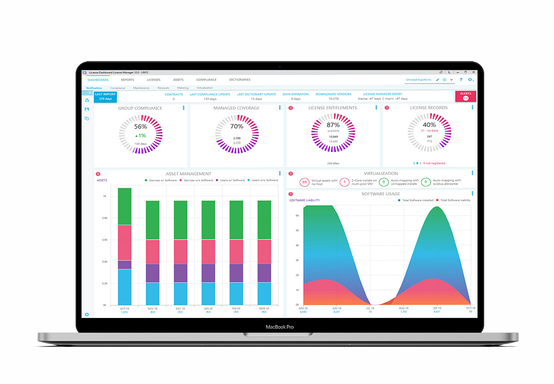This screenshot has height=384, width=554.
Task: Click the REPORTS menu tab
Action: (127, 80)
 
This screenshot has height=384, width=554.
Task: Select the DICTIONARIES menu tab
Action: (240, 80)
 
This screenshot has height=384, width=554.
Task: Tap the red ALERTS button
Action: (465, 96)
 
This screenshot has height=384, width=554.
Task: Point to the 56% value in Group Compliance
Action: (140, 126)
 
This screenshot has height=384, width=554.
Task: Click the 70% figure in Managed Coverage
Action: (237, 126)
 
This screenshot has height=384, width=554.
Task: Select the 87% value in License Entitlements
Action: (333, 125)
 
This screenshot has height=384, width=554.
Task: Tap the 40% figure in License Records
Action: (429, 125)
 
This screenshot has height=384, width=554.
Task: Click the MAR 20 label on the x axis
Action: (264, 309)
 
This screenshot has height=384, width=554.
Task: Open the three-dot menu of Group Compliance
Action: (183, 108)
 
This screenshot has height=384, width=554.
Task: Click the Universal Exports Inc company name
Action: (418, 79)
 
